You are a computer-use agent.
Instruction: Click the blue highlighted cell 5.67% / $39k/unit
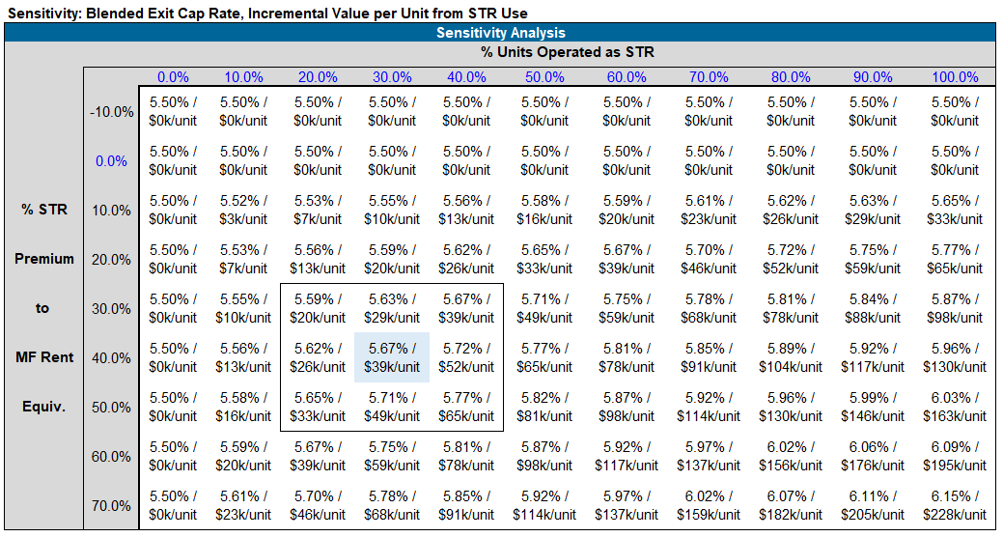click(x=392, y=357)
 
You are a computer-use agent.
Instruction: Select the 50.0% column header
click(x=545, y=77)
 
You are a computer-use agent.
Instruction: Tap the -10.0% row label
click(x=111, y=112)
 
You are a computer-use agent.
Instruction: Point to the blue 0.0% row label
click(x=111, y=161)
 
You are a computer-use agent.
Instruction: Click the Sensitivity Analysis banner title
click(x=500, y=33)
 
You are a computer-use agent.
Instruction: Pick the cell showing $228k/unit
click(x=956, y=505)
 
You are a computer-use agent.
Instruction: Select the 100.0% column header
click(x=956, y=77)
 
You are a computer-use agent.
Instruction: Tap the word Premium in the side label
click(x=44, y=259)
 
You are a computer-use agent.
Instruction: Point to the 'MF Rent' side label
click(x=44, y=357)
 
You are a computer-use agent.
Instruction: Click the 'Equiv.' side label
click(x=44, y=407)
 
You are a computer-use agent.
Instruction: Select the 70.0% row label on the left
click(x=111, y=506)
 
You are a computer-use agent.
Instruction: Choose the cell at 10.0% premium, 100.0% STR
click(x=956, y=210)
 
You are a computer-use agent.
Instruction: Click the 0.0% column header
click(x=174, y=77)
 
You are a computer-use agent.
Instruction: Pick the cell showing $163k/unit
click(x=956, y=407)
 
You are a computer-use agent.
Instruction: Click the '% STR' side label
click(x=44, y=210)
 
